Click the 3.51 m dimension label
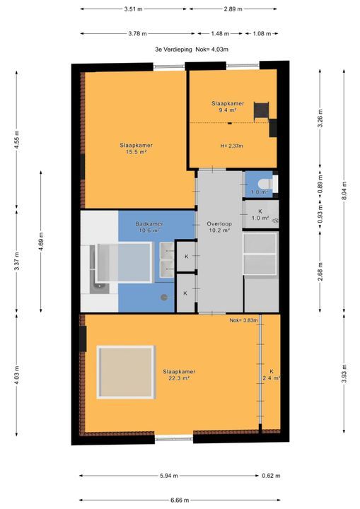tap(133, 9)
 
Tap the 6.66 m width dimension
tap(180, 501)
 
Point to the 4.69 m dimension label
tap(41, 241)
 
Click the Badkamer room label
tap(149, 223)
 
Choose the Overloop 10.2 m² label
tap(219, 227)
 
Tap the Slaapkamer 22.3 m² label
tap(179, 375)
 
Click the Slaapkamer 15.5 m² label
tap(136, 148)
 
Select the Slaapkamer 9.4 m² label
tap(228, 107)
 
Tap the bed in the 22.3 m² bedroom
tap(126, 372)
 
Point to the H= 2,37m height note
tap(232, 146)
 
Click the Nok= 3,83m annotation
tap(244, 320)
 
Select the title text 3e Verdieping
tap(173, 49)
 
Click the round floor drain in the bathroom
tap(164, 297)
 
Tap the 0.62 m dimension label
tap(272, 476)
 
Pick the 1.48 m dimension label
tap(220, 33)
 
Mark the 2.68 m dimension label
tap(320, 271)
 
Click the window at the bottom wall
tap(174, 439)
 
